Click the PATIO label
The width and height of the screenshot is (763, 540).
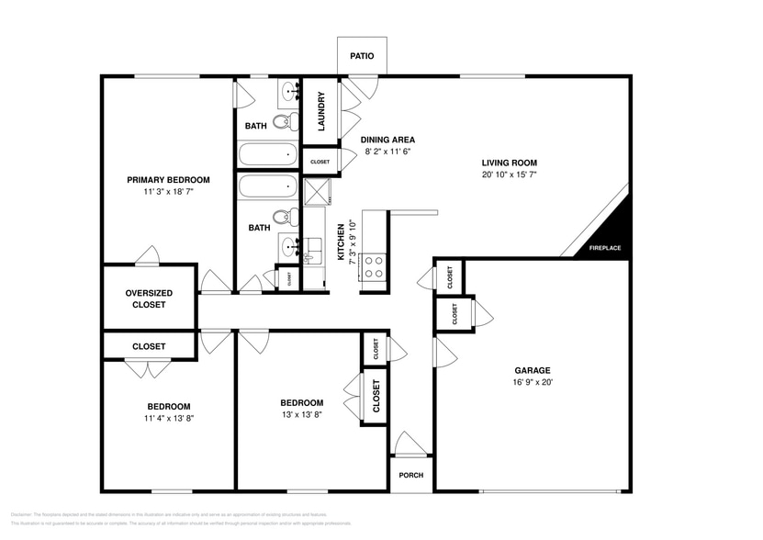(x=362, y=56)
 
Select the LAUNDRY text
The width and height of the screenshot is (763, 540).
(x=321, y=111)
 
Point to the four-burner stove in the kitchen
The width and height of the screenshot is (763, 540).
(x=375, y=266)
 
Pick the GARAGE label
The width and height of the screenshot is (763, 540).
(x=532, y=370)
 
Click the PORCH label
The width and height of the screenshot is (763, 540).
(x=410, y=475)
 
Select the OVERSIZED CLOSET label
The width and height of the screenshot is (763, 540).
(x=149, y=298)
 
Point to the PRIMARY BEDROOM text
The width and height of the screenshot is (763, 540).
(x=168, y=180)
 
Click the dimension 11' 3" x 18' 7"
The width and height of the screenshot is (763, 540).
(x=168, y=192)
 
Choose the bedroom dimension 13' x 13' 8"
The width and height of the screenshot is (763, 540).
(x=301, y=414)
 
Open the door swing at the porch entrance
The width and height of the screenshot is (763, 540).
(x=410, y=444)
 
